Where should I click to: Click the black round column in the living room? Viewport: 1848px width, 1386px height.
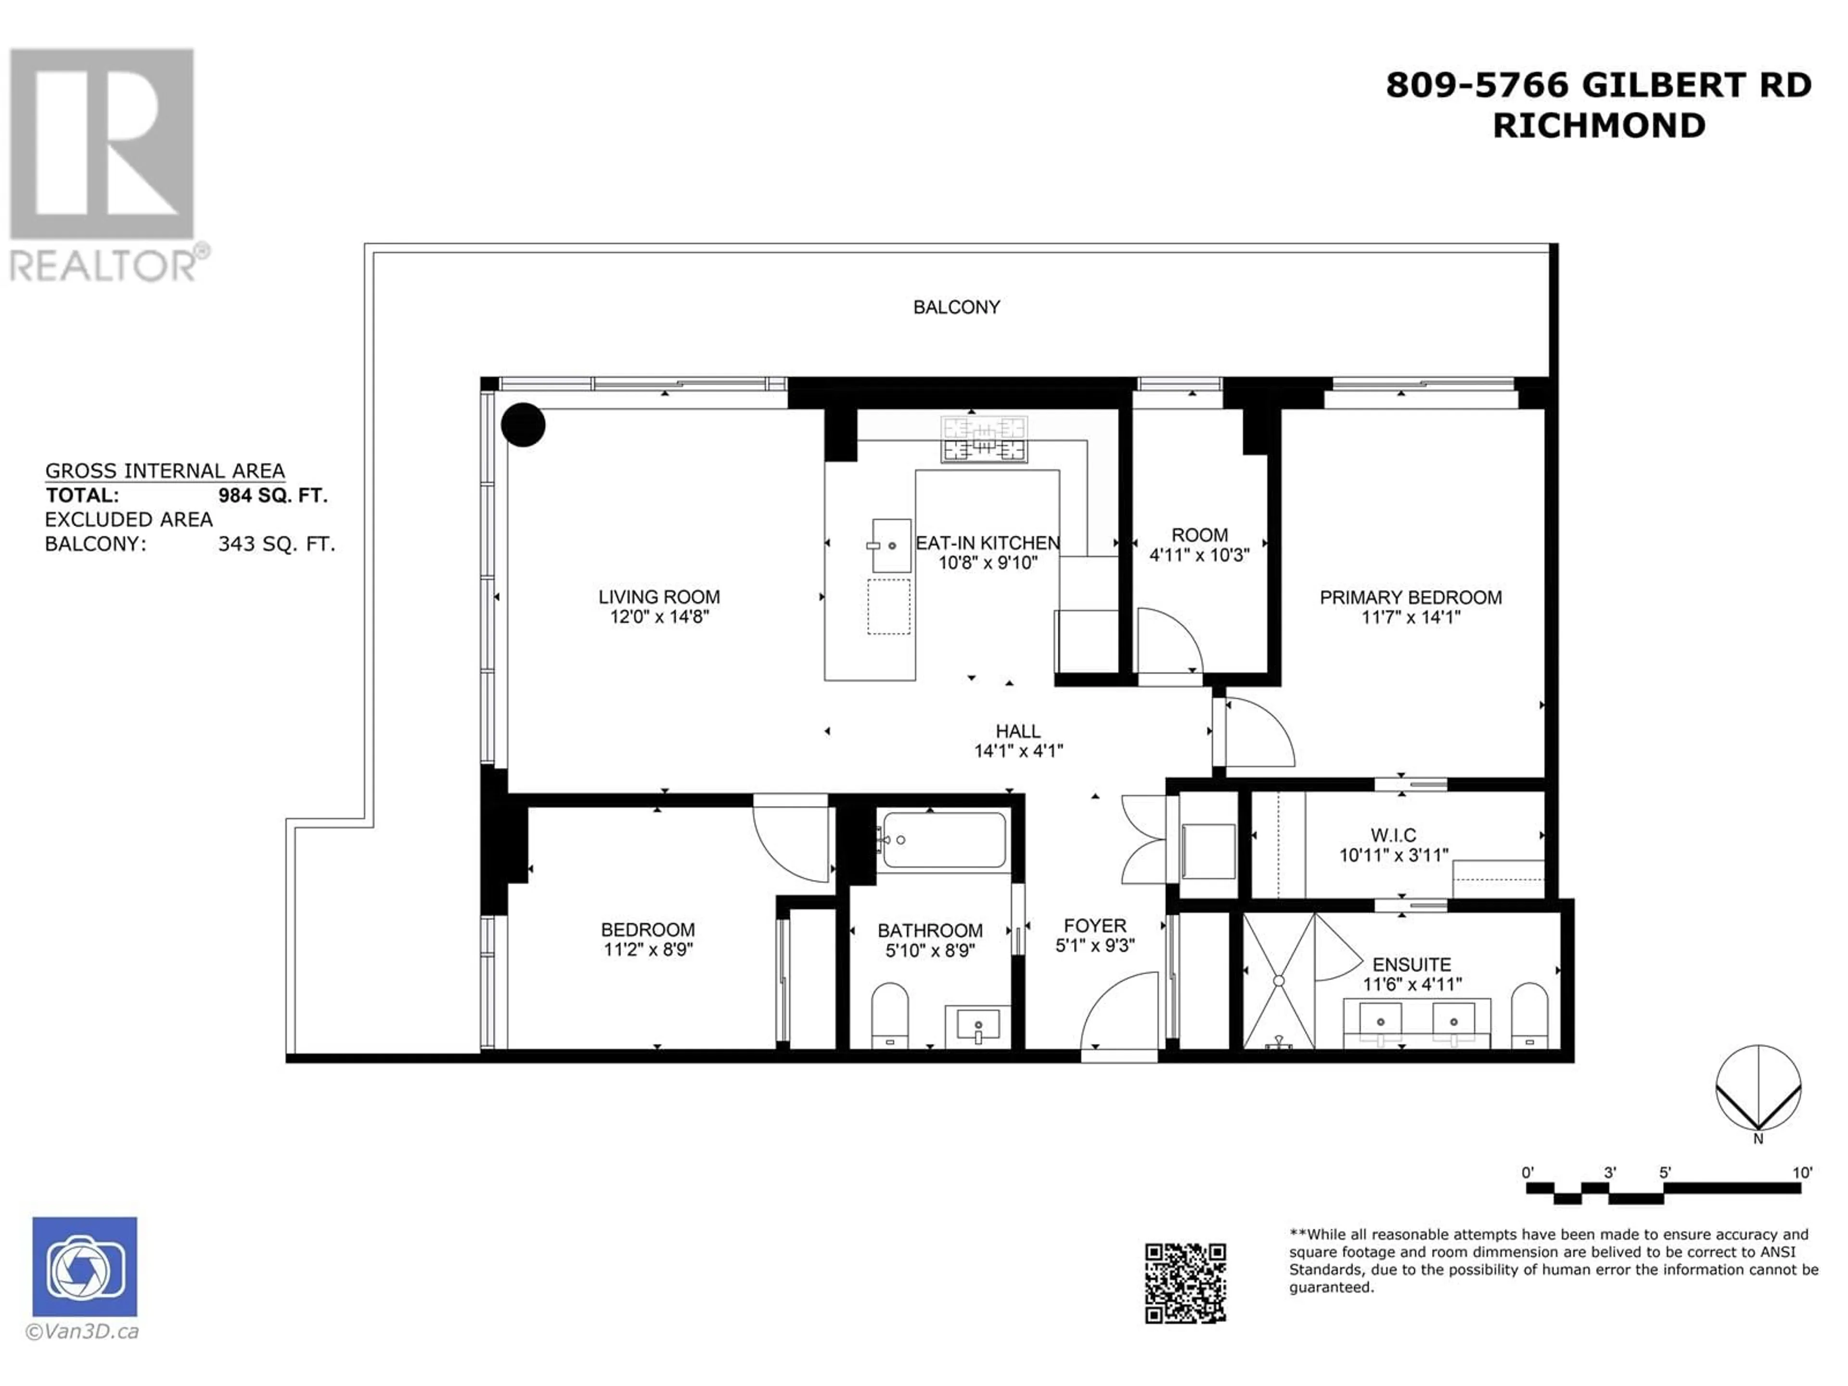point(523,425)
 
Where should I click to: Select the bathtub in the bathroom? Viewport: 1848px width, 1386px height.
point(944,840)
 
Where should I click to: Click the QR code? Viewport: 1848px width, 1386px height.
point(1185,1283)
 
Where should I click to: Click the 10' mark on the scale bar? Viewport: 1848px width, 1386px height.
point(1802,1172)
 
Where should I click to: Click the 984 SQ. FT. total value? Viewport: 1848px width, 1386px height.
point(272,495)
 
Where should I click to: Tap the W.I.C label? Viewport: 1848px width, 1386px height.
point(1393,834)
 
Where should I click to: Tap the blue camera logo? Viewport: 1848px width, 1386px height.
point(84,1267)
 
